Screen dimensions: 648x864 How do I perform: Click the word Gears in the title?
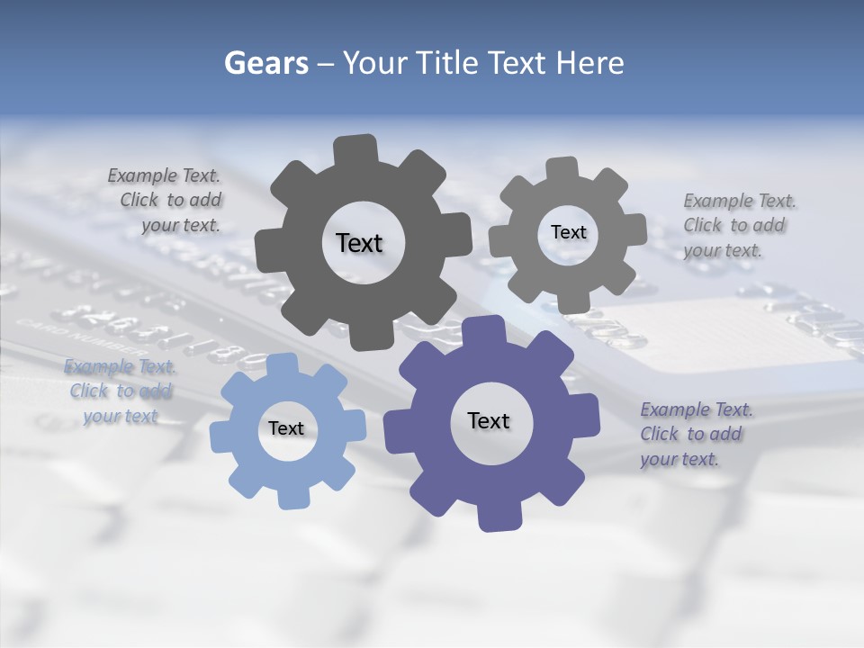click(x=265, y=63)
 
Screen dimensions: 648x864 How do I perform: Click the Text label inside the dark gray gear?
click(x=359, y=243)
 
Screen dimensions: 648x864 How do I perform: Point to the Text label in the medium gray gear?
click(x=568, y=232)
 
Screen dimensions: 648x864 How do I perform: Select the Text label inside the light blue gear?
click(x=285, y=428)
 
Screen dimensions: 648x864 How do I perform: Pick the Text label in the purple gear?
click(x=489, y=420)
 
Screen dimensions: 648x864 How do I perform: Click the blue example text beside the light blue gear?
click(x=121, y=391)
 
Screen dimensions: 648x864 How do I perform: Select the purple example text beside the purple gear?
click(x=695, y=434)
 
